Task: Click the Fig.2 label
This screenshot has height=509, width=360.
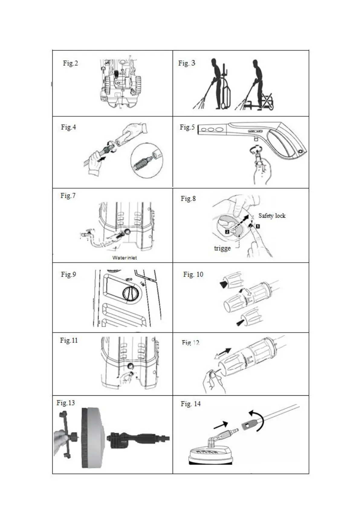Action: tap(70, 63)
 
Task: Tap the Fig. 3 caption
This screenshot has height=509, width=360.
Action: tap(186, 63)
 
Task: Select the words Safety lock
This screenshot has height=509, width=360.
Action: tap(272, 216)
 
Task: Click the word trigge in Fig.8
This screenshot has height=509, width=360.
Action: tap(222, 248)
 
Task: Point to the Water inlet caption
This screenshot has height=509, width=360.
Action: tap(125, 258)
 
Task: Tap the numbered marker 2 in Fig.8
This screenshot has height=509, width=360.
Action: tap(227, 232)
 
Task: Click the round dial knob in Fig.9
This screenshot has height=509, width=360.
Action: tap(130, 293)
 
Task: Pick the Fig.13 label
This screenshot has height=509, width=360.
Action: tap(66, 403)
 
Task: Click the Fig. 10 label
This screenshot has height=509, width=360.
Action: tap(193, 274)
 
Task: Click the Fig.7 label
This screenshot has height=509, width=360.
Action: tap(68, 196)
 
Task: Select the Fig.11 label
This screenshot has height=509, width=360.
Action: tap(69, 340)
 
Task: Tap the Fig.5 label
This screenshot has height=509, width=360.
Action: tap(187, 127)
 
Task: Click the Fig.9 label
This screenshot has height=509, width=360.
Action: tap(68, 274)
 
